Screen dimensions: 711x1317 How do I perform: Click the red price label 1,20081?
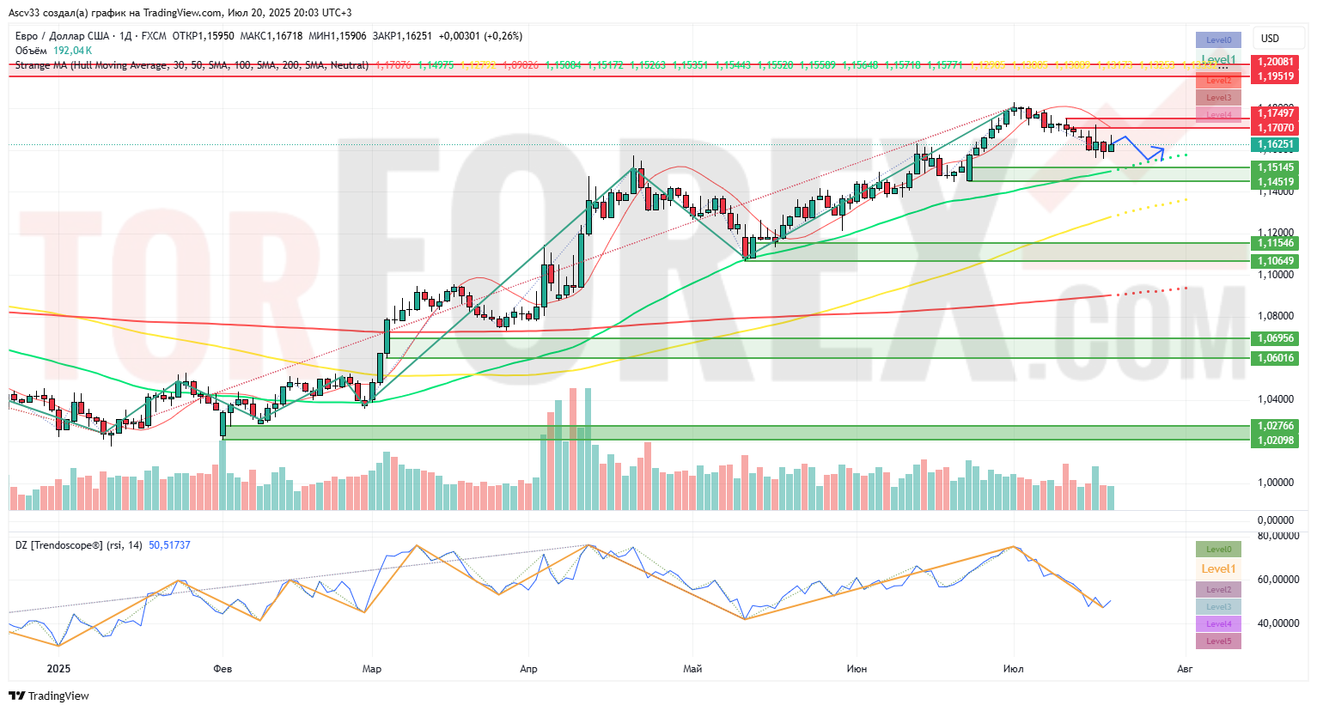click(x=1276, y=62)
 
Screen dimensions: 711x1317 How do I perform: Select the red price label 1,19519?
click(x=1276, y=76)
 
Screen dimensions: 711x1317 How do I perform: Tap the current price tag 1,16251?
click(x=1276, y=144)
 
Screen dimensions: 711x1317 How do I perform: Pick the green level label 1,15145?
click(x=1276, y=167)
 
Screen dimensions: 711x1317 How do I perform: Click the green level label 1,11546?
click(x=1276, y=244)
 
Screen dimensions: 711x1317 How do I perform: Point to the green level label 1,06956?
click(x=1276, y=338)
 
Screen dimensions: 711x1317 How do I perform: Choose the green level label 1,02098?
click(x=1276, y=441)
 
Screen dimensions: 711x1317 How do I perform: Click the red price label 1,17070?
click(x=1276, y=128)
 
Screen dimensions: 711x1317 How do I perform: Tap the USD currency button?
click(x=1270, y=39)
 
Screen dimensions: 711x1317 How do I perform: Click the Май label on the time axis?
click(x=692, y=669)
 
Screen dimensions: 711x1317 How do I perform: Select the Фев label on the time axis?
click(x=223, y=669)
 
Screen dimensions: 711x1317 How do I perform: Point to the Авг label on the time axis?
click(x=1185, y=669)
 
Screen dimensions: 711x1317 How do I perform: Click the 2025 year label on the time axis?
click(x=58, y=669)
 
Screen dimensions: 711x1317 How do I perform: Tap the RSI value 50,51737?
click(x=169, y=545)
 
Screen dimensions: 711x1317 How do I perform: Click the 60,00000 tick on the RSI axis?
click(x=1277, y=580)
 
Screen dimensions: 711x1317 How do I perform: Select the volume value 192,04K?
click(x=72, y=51)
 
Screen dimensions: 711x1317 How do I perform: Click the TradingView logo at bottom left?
click(x=49, y=696)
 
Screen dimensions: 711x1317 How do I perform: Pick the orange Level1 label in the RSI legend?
click(x=1218, y=568)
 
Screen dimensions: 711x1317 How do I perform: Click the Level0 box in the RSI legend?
click(x=1218, y=550)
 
